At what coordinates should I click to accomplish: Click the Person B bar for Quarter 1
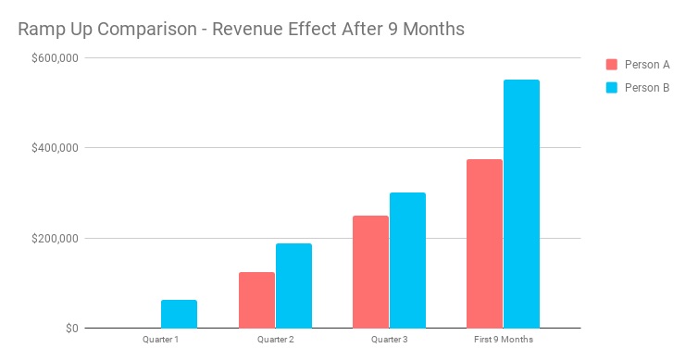coord(179,314)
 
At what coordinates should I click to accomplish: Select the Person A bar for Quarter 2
coord(256,300)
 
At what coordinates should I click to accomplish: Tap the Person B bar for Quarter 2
coord(293,286)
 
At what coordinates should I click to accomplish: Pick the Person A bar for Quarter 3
coord(370,272)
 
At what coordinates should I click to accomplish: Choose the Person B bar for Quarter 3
coord(407,260)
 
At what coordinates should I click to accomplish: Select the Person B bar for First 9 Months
coord(521,204)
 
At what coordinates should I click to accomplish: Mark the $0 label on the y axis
coord(71,329)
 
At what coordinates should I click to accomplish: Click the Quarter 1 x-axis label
coord(160,340)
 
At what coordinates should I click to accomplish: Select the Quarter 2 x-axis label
coord(275,340)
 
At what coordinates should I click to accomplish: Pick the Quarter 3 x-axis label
coord(389,340)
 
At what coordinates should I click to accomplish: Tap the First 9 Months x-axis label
coord(503,340)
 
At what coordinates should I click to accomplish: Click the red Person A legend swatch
coord(611,65)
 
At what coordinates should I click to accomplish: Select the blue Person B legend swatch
coord(611,88)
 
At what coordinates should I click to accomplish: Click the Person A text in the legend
coord(647,65)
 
